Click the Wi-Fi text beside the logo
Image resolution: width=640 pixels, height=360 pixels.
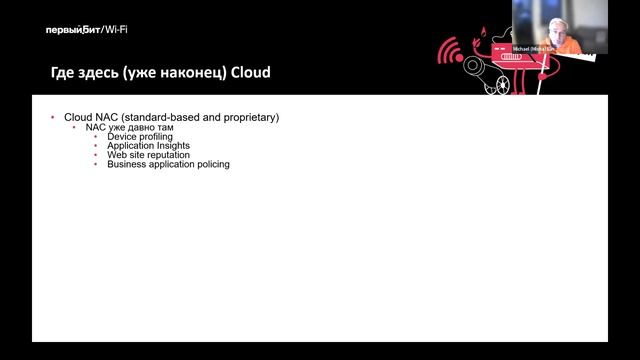click(x=116, y=30)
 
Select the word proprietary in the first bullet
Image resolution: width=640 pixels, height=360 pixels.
click(x=246, y=118)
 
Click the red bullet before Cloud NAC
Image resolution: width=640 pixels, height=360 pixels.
click(x=53, y=118)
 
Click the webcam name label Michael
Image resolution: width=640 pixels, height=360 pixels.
click(x=523, y=49)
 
